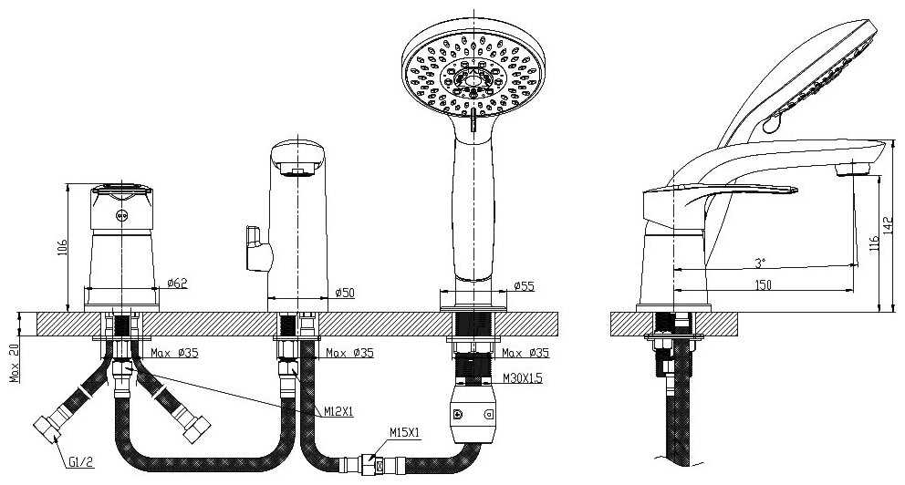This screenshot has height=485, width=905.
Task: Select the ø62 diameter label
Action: click(178, 283)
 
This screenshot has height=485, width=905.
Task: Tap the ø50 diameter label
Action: click(345, 293)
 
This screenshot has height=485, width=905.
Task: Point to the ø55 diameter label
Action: click(524, 285)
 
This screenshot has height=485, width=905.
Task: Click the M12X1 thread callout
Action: click(339, 412)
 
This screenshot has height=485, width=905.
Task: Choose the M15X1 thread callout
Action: click(403, 432)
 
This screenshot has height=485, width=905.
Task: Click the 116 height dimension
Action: click(874, 242)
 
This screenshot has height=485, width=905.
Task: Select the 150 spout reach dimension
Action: click(763, 285)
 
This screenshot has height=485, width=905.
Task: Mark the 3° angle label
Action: click(761, 263)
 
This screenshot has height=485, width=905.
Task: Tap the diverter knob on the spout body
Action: click(251, 249)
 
